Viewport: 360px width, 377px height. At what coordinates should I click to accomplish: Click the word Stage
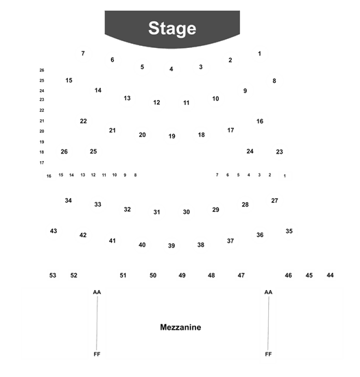(172, 28)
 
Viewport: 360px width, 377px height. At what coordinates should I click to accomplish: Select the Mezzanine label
(180, 327)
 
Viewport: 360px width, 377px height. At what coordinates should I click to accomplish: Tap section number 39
(171, 245)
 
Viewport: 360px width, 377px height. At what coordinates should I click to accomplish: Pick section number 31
(157, 212)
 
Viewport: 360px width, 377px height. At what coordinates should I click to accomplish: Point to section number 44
(331, 275)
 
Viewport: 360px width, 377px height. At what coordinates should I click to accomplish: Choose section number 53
(53, 276)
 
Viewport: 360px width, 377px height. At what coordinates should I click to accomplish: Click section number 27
(275, 201)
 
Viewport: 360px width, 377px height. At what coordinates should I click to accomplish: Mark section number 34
(69, 200)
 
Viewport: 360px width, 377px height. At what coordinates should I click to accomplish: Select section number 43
(53, 231)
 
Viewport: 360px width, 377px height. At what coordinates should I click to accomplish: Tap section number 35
(289, 231)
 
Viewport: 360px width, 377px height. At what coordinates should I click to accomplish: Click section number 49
(182, 276)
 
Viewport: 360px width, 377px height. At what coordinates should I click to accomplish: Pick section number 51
(123, 276)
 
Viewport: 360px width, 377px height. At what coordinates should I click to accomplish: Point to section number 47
(241, 276)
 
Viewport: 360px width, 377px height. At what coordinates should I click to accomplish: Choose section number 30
(187, 212)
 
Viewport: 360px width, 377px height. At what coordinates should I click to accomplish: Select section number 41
(112, 241)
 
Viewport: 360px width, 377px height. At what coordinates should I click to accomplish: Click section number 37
(230, 241)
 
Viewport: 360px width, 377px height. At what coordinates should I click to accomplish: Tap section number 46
(288, 275)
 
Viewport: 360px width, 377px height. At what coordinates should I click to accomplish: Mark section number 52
(74, 276)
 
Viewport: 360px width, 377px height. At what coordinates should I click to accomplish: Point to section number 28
(245, 205)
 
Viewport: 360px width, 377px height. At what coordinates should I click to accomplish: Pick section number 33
(97, 204)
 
